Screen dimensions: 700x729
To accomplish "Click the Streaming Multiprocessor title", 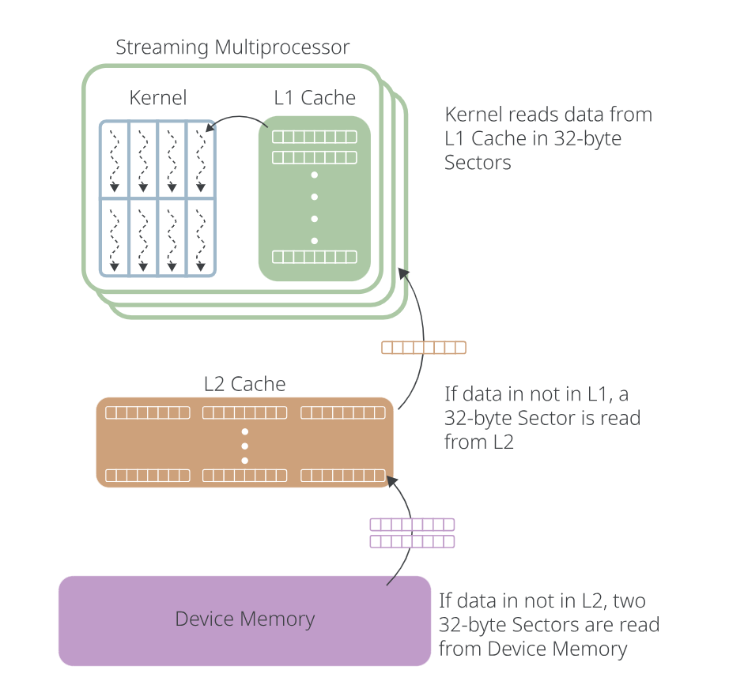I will pyautogui.click(x=232, y=47).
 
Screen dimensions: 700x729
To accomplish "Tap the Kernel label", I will pyautogui.click(x=158, y=98).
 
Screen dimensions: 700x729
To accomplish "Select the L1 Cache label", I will pyautogui.click(x=315, y=98).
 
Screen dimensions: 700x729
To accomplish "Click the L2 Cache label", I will pyautogui.click(x=244, y=385).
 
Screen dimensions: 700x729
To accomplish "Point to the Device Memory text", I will pyautogui.click(x=244, y=619).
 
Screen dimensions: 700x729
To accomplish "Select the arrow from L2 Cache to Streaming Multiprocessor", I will pyautogui.click(x=408, y=340).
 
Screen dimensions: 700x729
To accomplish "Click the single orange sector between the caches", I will pyautogui.click(x=424, y=348).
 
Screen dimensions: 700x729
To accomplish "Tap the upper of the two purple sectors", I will pyautogui.click(x=412, y=525).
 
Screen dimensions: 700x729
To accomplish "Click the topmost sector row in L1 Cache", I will pyautogui.click(x=315, y=137).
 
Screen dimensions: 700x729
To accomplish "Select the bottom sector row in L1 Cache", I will pyautogui.click(x=315, y=257).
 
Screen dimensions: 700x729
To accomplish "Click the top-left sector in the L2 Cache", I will pyautogui.click(x=148, y=412).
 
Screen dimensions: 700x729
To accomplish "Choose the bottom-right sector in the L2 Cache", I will pyautogui.click(x=342, y=476).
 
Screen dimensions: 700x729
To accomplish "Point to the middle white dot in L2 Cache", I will pyautogui.click(x=245, y=446).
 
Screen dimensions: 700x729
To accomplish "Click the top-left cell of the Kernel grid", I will pyautogui.click(x=114, y=159).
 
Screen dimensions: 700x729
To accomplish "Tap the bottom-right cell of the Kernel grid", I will pyautogui.click(x=200, y=236).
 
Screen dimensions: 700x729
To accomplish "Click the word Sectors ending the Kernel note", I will pyautogui.click(x=478, y=164).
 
